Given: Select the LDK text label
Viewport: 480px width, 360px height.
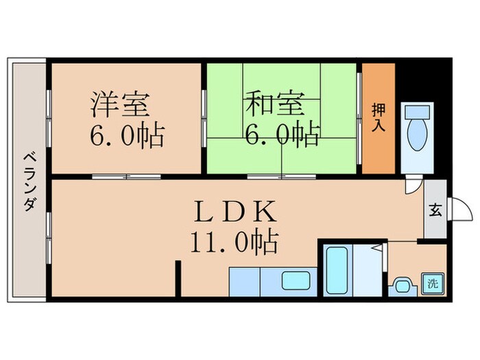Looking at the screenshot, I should coord(232,209).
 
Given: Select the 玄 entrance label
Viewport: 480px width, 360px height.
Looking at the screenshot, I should coord(435,210).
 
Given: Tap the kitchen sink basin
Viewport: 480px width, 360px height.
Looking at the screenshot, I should coord(294,280).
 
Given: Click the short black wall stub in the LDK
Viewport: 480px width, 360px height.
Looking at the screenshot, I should coord(178,277).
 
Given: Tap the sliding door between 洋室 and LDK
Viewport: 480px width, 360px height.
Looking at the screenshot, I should coord(127,177).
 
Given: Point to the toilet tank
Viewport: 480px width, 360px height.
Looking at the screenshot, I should coord(416,112).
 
